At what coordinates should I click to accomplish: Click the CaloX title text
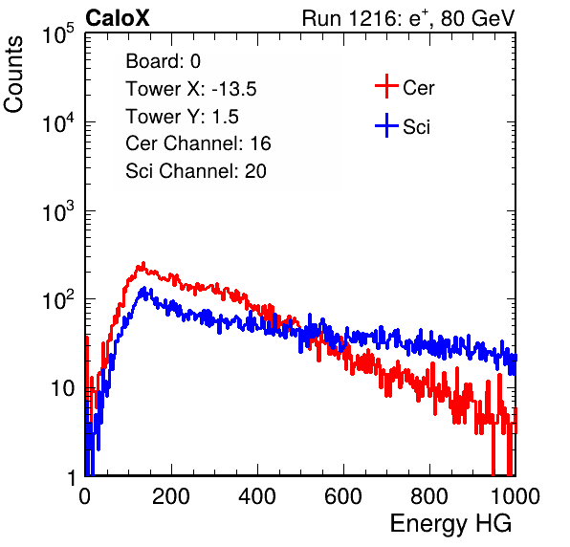click(117, 17)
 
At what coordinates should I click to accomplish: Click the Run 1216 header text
click(408, 18)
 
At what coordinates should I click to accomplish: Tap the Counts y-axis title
click(13, 75)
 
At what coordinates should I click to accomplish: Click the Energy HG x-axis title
click(450, 524)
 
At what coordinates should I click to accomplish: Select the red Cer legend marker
click(386, 86)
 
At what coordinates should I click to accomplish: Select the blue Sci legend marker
click(386, 126)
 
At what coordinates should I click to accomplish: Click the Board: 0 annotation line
click(163, 61)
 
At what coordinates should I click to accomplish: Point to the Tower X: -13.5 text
click(191, 89)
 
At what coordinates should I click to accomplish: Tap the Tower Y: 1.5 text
click(182, 117)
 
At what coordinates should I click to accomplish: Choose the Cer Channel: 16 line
click(198, 143)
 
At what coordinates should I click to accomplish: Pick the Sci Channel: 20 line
click(196, 171)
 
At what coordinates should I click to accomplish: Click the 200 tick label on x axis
click(171, 496)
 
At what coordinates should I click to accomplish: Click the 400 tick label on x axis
click(257, 496)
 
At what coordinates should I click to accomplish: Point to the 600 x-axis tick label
click(343, 496)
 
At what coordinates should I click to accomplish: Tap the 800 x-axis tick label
click(429, 496)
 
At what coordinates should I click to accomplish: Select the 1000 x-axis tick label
click(515, 496)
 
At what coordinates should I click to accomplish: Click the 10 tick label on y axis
click(62, 388)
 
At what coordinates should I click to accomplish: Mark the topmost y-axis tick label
click(58, 33)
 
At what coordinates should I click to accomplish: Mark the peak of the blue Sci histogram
click(144, 288)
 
